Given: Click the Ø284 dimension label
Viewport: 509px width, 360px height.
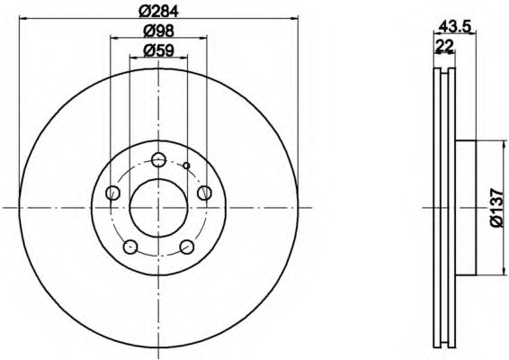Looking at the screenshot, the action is click(x=159, y=12).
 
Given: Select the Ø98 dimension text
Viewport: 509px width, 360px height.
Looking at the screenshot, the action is click(x=159, y=31).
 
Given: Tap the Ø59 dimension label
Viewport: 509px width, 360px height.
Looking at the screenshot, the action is click(x=159, y=50).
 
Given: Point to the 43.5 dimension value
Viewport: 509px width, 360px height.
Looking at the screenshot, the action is click(x=454, y=27).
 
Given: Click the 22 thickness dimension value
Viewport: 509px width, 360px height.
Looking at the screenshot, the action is click(x=444, y=46).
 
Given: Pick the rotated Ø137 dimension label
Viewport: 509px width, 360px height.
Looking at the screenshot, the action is click(x=497, y=207).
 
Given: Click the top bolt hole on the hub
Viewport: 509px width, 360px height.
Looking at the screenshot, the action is click(x=159, y=159).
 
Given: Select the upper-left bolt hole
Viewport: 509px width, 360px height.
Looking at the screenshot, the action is click(x=113, y=193).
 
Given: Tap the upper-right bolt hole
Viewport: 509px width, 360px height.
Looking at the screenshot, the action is click(x=205, y=193).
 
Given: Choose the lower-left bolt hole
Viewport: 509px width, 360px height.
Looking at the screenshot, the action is click(x=130, y=247).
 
